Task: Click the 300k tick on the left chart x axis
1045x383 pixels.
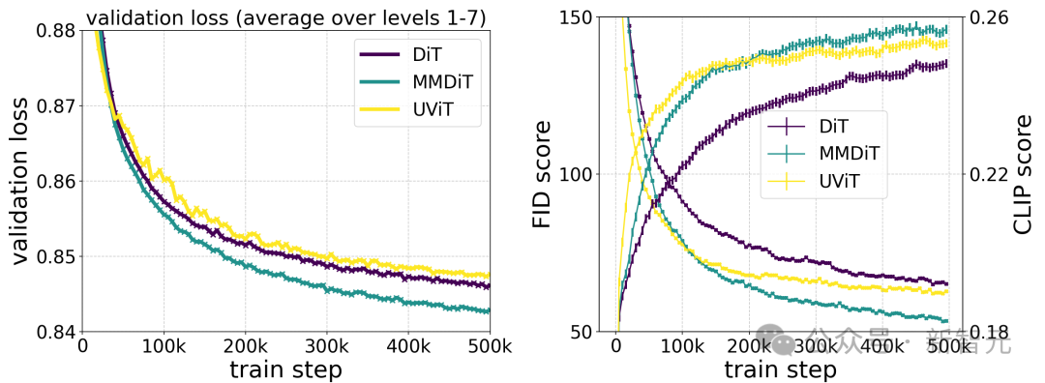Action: pyautogui.click(x=326, y=346)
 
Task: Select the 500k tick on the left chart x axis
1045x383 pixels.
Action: pyautogui.click(x=489, y=346)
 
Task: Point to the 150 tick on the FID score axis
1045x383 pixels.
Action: pyautogui.click(x=588, y=17)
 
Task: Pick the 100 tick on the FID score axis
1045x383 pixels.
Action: pyautogui.click(x=588, y=175)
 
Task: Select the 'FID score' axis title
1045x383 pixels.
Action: pyautogui.click(x=546, y=175)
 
